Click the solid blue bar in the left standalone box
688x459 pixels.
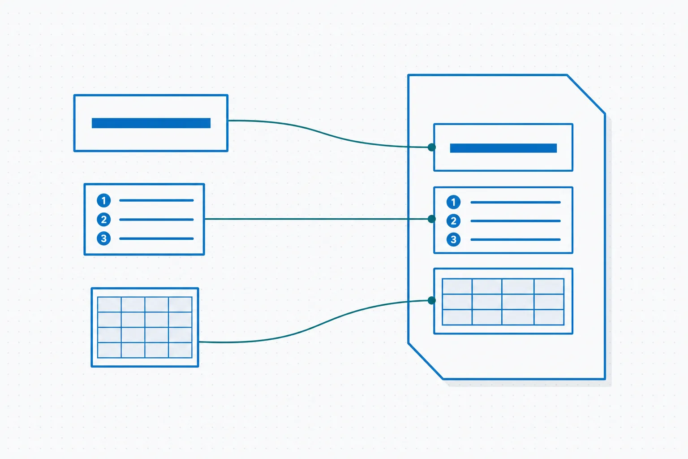pos(151,123)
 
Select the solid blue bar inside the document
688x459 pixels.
pos(503,148)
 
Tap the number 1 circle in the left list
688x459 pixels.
pos(104,200)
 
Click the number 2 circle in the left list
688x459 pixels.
pos(104,220)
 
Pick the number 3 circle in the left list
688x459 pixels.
pos(104,238)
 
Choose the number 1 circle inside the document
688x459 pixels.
pos(453,202)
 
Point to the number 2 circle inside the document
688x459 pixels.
pos(453,221)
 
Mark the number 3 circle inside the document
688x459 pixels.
pos(453,239)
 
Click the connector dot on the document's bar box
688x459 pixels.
pos(431,147)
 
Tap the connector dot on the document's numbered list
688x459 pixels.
pos(431,219)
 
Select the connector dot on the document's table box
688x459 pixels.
pos(431,300)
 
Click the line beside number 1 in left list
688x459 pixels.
pos(156,200)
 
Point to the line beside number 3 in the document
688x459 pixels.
pos(516,239)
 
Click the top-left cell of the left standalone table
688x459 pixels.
pos(109,304)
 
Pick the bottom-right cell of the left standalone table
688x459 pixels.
pos(181,350)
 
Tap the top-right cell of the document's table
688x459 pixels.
pos(549,286)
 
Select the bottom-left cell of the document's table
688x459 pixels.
pos(457,317)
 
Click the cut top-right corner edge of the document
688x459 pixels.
pos(586,94)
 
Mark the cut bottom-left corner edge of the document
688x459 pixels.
pos(426,361)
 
